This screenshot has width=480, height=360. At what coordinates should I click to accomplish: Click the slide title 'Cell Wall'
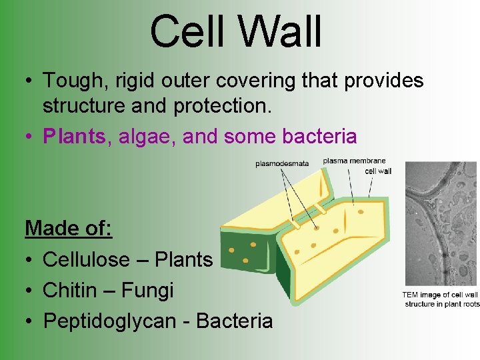coord(236,32)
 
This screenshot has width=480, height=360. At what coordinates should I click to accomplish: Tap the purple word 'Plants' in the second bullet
coord(74,137)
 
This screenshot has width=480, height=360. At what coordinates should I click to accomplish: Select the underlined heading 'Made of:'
coord(68,229)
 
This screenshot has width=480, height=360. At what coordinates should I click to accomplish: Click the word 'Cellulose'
coord(89,259)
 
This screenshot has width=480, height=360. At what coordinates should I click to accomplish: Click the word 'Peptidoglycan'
coord(110,321)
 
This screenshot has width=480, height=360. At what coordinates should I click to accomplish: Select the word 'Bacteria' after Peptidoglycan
coord(235,321)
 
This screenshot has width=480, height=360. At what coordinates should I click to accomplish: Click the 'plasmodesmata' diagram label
coord(282,164)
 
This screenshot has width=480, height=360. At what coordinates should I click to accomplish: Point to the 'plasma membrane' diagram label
coord(354,161)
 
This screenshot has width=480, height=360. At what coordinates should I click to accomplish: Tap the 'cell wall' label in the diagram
coord(378,171)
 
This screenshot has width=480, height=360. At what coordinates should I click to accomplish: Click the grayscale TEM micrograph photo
coord(441,224)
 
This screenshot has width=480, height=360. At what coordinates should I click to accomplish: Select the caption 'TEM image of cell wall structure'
coord(441,299)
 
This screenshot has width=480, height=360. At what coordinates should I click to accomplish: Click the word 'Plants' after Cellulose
coord(183,259)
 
